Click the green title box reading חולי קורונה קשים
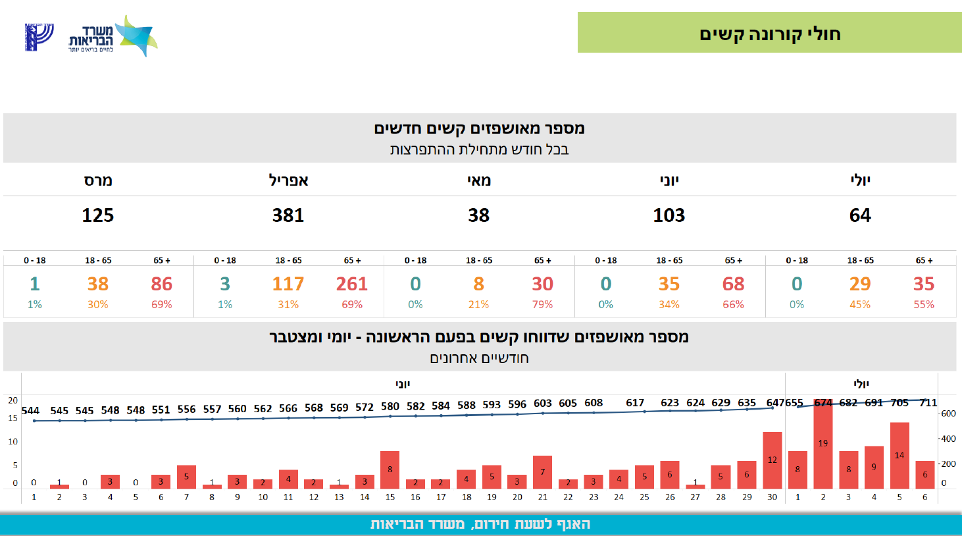pos(769,33)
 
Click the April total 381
pos(288,215)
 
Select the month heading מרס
pos(98,180)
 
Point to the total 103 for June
pos(669,215)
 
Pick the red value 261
pos(351,284)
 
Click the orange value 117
pos(288,284)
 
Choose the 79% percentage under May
pos(542,304)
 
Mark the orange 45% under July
pos(860,304)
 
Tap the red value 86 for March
pos(161,284)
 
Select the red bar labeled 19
pos(823,444)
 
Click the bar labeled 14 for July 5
pos(899,456)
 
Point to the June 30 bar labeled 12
pos(772,460)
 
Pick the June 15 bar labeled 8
pos(390,469)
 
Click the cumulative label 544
pos(30,410)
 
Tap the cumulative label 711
pos(928,402)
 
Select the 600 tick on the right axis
pos(948,414)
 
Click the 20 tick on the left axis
pos(13,400)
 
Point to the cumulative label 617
pos(635,402)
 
